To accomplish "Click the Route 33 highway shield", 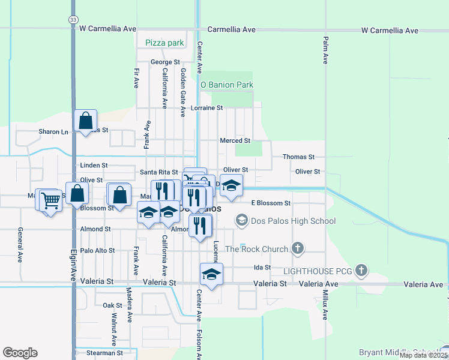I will coord(73,20).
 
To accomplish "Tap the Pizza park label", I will coord(164,43).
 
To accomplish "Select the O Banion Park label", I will coord(227,85).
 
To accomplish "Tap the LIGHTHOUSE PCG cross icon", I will coord(361,271).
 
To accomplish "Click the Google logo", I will coord(20,353).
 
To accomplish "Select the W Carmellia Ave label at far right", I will coord(390,30).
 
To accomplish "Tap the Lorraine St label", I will coord(206,108).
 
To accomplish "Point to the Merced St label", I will coord(235,141).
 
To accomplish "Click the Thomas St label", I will coord(298,157).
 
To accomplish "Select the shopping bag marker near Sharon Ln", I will coord(86,121).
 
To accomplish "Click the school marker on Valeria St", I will coord(211,274).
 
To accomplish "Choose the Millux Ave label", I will coord(325,306).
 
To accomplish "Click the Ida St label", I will coord(262,267).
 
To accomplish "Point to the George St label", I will coord(165,62).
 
